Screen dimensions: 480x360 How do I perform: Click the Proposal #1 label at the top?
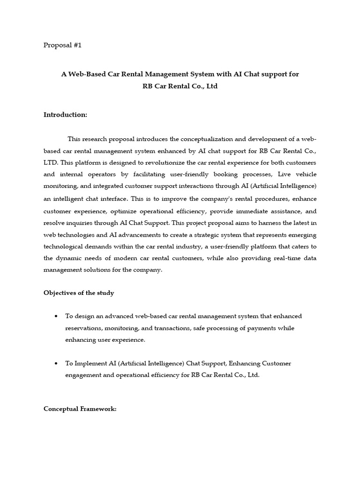point(62,45)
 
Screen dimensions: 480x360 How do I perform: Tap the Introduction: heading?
point(65,114)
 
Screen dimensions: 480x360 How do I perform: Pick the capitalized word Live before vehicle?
point(278,174)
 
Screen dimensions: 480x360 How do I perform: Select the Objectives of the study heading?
point(79,293)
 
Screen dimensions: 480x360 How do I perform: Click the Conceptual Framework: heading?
point(80,409)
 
